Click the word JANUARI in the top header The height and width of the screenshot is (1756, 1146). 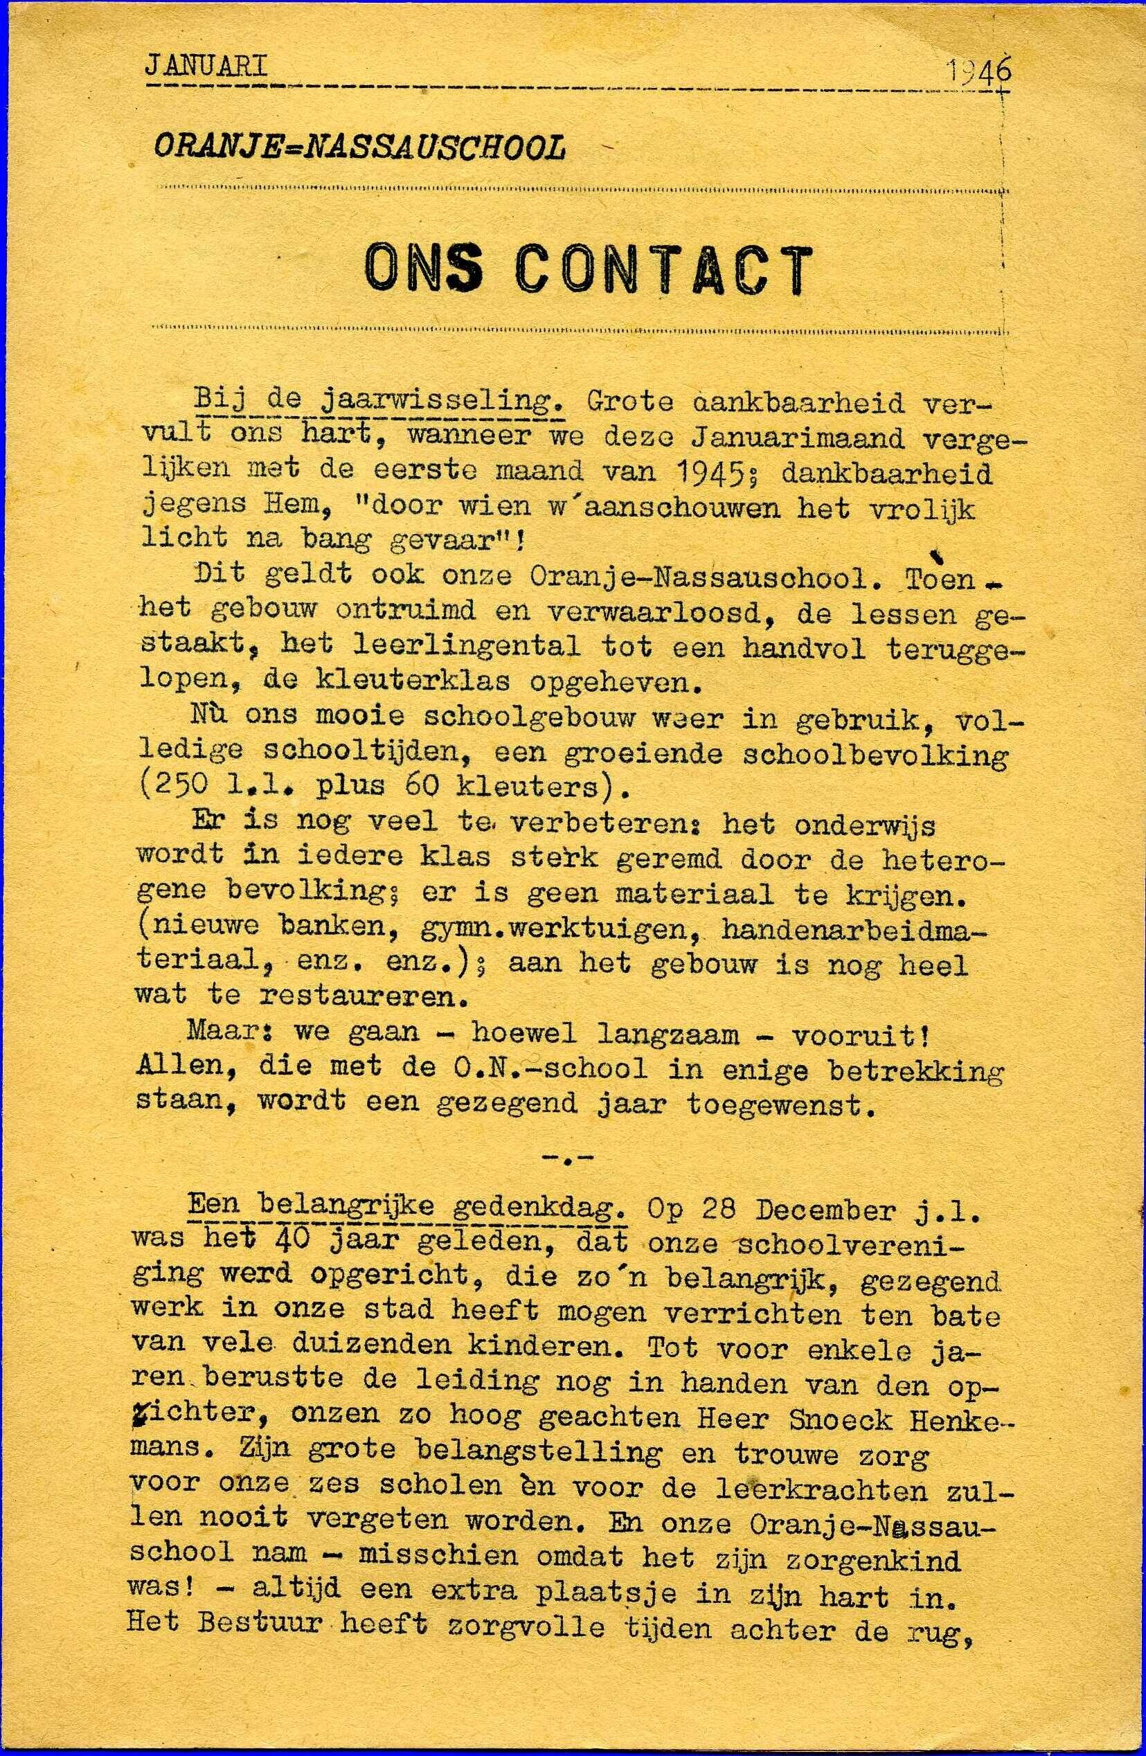tap(206, 67)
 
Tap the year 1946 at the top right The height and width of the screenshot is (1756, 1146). tap(978, 71)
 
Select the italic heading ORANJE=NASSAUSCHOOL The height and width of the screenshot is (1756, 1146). tap(359, 148)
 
